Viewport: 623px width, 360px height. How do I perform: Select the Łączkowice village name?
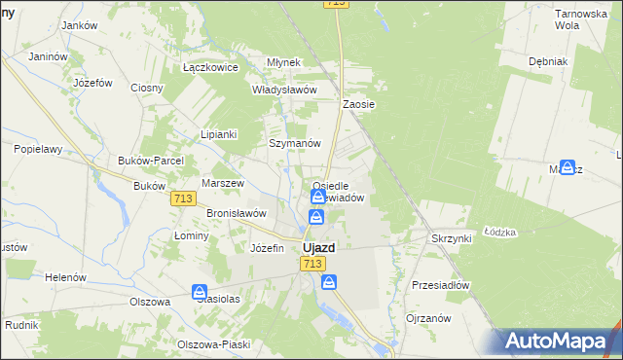click(210, 68)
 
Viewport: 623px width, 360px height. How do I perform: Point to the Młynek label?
click(284, 62)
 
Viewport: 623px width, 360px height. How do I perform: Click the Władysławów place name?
click(285, 90)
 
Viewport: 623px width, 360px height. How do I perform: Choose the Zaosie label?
click(359, 103)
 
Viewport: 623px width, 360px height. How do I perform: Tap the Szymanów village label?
click(295, 143)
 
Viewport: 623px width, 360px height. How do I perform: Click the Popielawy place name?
click(38, 150)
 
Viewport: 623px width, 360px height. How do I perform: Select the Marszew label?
click(221, 183)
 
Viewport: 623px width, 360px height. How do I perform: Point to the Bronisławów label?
click(237, 212)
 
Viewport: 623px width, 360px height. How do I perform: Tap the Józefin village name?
click(267, 248)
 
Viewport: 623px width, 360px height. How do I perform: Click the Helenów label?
click(66, 277)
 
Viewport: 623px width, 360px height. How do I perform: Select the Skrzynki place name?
click(451, 237)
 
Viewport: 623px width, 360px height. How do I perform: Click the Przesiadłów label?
click(441, 286)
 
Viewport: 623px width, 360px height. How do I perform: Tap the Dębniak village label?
click(548, 60)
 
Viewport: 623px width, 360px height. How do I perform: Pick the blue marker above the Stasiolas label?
click(200, 292)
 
